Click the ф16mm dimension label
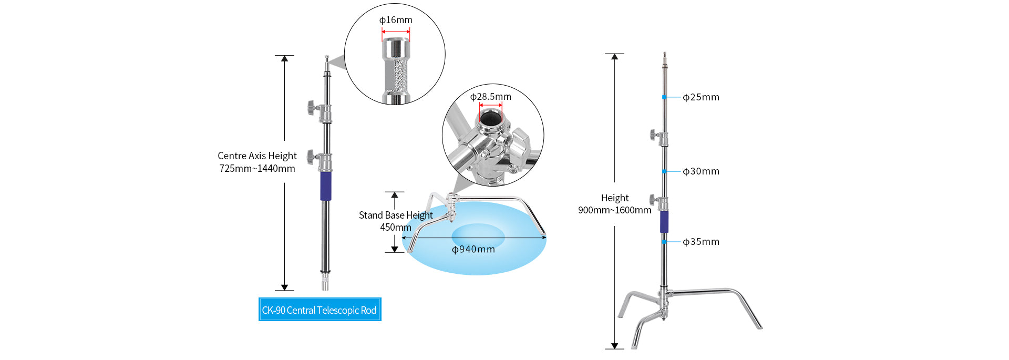(396, 20)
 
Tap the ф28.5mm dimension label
(490, 97)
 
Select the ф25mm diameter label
(701, 97)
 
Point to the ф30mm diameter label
(701, 171)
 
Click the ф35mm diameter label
(701, 242)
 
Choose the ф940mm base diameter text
(473, 249)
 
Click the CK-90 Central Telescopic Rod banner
(320, 310)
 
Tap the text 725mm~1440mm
(257, 169)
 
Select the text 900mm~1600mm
(614, 210)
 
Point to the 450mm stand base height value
(395, 228)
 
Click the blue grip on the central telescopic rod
(326, 186)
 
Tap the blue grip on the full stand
(664, 222)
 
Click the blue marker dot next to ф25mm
(664, 97)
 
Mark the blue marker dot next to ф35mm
(664, 242)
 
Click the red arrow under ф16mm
(396, 32)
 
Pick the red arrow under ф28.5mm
(490, 105)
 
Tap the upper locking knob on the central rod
(311, 108)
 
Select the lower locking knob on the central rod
(311, 156)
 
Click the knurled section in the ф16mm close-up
(400, 76)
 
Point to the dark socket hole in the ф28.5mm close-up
(490, 119)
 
